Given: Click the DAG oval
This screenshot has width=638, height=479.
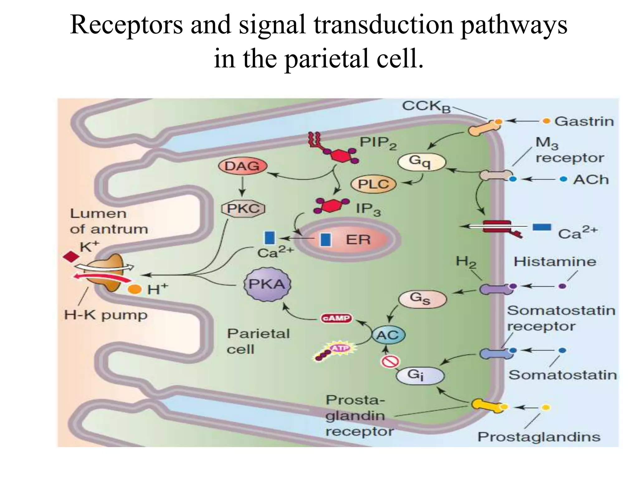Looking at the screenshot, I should pyautogui.click(x=242, y=166).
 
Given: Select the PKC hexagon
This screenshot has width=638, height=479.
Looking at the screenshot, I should pyautogui.click(x=243, y=208).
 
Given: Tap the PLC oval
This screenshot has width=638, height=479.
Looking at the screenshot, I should pyautogui.click(x=373, y=184).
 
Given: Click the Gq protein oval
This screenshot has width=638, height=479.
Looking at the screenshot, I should pyautogui.click(x=422, y=162).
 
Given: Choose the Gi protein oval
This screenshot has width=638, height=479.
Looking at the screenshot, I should pyautogui.click(x=419, y=375).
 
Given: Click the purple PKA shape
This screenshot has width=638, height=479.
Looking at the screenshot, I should pyautogui.click(x=267, y=284).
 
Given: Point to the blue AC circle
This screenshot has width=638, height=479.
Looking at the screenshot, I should pyautogui.click(x=388, y=335).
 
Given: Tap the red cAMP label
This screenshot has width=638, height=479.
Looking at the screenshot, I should pyautogui.click(x=336, y=318).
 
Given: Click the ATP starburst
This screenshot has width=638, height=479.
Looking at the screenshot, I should pyautogui.click(x=340, y=348).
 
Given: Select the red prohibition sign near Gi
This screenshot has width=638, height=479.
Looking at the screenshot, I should pyautogui.click(x=390, y=362).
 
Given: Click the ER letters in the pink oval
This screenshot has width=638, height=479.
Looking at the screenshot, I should pyautogui.click(x=358, y=239).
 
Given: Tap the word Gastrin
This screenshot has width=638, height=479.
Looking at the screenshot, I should pyautogui.click(x=584, y=121).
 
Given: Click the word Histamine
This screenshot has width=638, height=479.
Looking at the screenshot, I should pyautogui.click(x=555, y=261).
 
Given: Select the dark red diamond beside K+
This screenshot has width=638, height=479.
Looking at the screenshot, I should pyautogui.click(x=71, y=256).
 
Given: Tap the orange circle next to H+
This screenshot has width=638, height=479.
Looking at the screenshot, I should pyautogui.click(x=135, y=289).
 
